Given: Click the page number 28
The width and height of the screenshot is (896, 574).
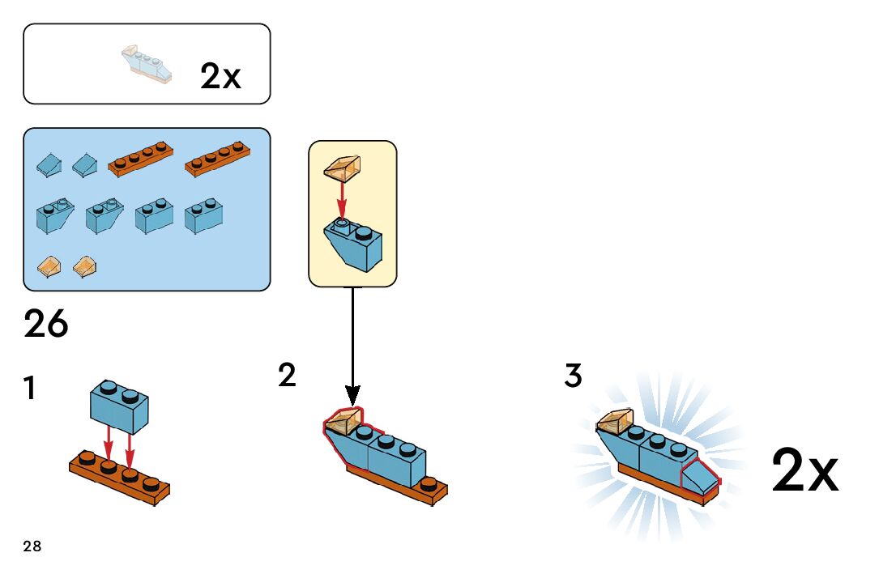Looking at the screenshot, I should (x=32, y=546).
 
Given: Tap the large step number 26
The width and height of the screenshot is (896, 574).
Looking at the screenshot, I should (x=46, y=325).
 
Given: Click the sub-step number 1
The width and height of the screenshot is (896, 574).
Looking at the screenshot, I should (x=30, y=389).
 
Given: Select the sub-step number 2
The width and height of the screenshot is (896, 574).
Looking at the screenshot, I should (x=287, y=376).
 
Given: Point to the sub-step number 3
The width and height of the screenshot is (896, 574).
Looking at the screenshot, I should (x=573, y=376).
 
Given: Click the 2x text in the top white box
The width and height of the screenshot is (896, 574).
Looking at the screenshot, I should (x=220, y=77).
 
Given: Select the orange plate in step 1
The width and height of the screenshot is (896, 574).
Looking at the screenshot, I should (x=120, y=478).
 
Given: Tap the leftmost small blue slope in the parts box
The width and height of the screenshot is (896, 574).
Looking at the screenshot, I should (x=48, y=166).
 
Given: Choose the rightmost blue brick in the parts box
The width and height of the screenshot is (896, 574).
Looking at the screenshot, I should (x=204, y=216).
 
